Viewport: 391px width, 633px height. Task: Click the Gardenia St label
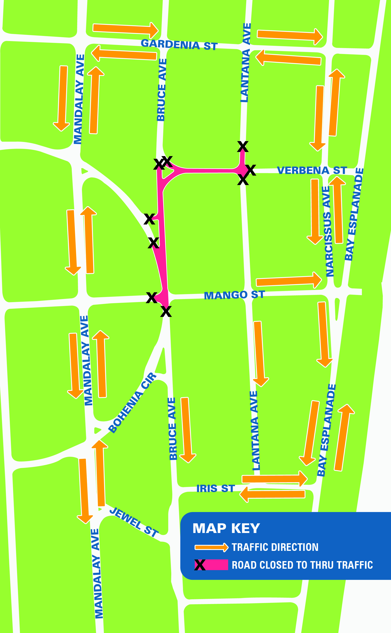coord(179,45)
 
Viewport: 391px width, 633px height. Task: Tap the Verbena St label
coord(312,170)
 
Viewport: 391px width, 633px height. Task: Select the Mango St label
coord(234,295)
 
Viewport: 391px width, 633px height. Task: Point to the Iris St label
coord(215,488)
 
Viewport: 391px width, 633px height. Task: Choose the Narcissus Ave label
coord(328,231)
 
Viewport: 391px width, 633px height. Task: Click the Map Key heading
coord(226,528)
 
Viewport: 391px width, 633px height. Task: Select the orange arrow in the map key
coord(211,547)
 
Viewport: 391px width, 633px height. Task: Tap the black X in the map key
coord(200,565)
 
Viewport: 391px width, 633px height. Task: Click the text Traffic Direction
coord(275,547)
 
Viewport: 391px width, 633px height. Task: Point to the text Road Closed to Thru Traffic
coord(302,565)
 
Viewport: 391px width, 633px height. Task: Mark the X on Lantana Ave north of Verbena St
coord(243,147)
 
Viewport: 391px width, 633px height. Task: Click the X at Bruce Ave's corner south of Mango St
coord(166,311)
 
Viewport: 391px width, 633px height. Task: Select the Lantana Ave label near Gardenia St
coord(245,63)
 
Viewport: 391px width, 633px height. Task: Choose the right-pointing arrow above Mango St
coord(289,281)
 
